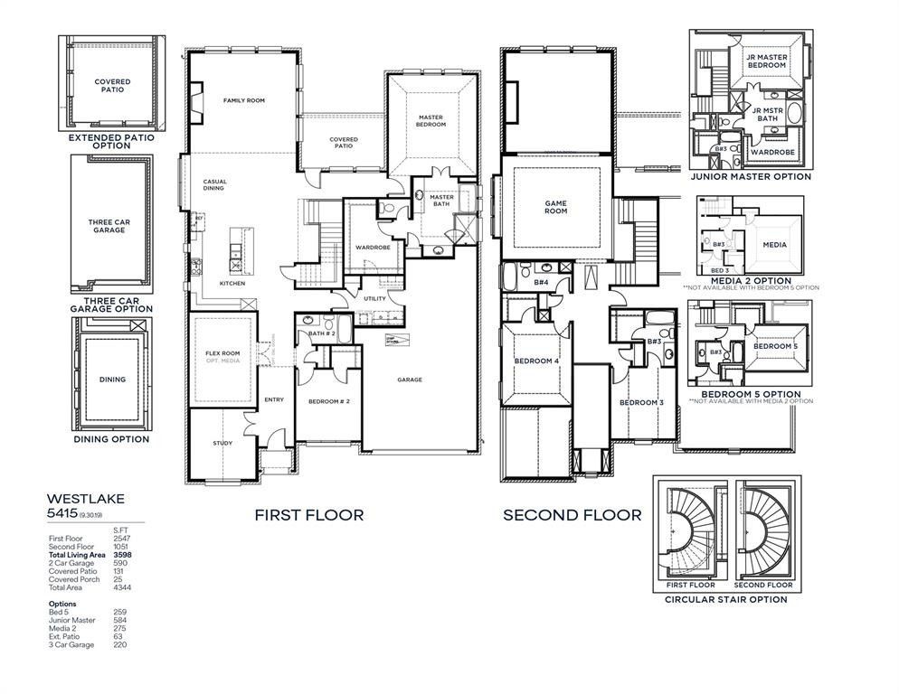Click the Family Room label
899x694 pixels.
(x=243, y=100)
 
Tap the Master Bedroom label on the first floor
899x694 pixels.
(x=431, y=120)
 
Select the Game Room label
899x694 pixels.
(x=555, y=207)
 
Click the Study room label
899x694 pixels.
(x=222, y=443)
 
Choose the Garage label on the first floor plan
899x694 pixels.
(x=410, y=380)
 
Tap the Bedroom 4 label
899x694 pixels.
(x=537, y=361)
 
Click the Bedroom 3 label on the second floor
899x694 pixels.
(x=641, y=402)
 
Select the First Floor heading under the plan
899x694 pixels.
(x=308, y=515)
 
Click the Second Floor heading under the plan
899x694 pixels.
(x=572, y=515)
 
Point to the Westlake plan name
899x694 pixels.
(x=86, y=497)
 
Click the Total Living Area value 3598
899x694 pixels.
(x=120, y=554)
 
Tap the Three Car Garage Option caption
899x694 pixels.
(x=111, y=304)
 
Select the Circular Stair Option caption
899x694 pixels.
(x=725, y=599)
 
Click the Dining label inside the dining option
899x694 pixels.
(x=112, y=380)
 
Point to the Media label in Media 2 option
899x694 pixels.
(x=774, y=245)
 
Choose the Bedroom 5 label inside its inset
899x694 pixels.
(x=775, y=347)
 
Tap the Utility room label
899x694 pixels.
(x=374, y=298)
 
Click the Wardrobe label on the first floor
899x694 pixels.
(x=372, y=247)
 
